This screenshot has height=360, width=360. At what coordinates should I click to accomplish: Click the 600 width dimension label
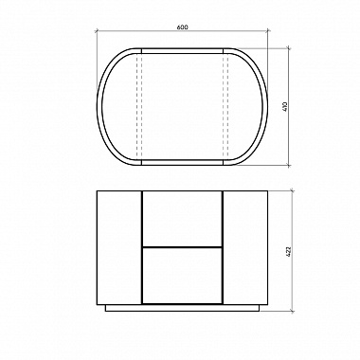(182, 27)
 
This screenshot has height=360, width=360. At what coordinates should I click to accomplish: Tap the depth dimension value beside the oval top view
(285, 106)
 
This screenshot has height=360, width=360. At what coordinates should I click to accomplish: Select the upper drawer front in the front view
(182, 219)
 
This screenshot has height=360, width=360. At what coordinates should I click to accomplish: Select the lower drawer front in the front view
(182, 276)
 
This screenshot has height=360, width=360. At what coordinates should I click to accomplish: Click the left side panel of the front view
(119, 247)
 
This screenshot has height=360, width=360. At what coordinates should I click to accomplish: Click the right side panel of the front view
(245, 247)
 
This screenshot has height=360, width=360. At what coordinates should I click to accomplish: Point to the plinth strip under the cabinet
(182, 308)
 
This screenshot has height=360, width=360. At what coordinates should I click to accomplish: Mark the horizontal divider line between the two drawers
(182, 246)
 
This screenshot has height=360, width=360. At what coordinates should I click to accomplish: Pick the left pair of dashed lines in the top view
(139, 107)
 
